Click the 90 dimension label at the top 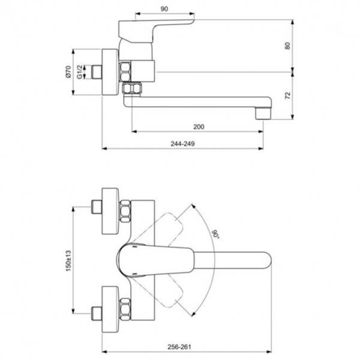[x=164, y=9]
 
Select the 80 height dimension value [x=287, y=45]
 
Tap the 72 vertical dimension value [x=287, y=95]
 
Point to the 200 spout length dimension [x=199, y=126]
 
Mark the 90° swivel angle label [x=214, y=233]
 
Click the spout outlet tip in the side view [x=263, y=112]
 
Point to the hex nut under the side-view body [x=131, y=89]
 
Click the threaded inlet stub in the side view [x=95, y=72]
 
